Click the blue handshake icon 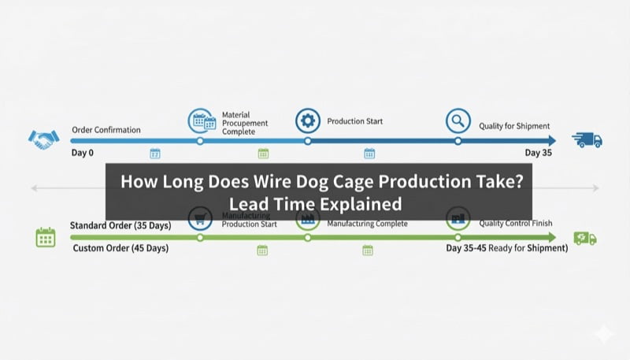[44, 139]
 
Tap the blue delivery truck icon [587, 140]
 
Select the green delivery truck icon [585, 238]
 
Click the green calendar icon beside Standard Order [46, 237]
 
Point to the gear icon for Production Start [307, 121]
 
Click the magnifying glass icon [458, 121]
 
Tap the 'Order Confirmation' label [106, 129]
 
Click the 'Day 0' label [82, 152]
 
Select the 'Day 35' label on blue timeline [539, 153]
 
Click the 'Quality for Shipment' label [514, 126]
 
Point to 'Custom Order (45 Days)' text [120, 249]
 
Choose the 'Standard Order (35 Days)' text [120, 226]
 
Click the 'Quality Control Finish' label [515, 223]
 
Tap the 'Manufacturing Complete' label [367, 224]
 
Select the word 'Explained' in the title [363, 203]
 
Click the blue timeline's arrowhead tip [554, 141]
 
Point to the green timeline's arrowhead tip [554, 237]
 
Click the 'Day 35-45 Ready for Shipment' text [506, 248]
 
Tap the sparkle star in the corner [604, 334]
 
